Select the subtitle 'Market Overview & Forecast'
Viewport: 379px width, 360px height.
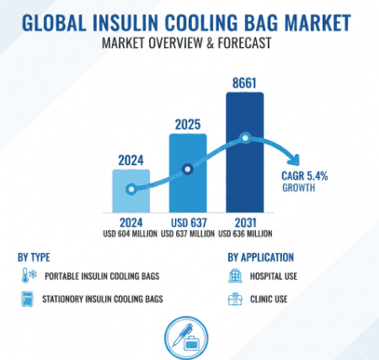click(x=189, y=42)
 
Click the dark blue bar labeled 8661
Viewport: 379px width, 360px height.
click(x=245, y=152)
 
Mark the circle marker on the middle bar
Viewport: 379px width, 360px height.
click(x=189, y=169)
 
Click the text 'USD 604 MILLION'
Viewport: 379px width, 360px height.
click(x=131, y=234)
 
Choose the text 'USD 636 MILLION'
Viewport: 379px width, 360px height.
click(x=245, y=234)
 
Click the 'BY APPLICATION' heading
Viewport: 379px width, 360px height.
click(x=260, y=256)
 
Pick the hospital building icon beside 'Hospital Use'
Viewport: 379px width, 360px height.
click(x=235, y=275)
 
